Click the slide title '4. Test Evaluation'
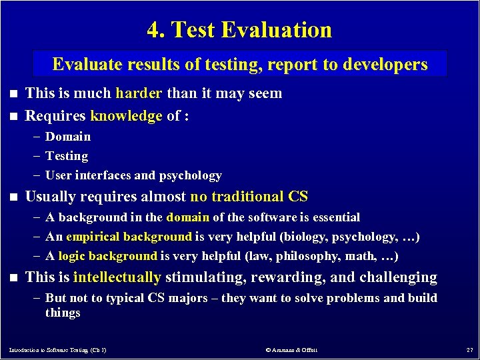(x=239, y=30)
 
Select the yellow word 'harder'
(x=138, y=93)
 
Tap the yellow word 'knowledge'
(x=126, y=116)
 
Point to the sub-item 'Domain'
(x=68, y=137)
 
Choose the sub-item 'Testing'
(x=67, y=156)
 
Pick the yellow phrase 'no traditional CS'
(x=249, y=197)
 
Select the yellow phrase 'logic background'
(x=107, y=256)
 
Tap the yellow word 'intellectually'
(x=117, y=277)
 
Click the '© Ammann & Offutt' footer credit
(x=291, y=350)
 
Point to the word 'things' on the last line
(x=63, y=313)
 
